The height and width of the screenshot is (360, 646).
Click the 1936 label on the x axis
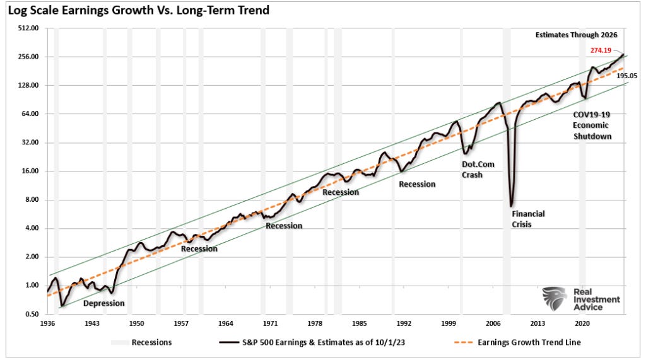point(48,323)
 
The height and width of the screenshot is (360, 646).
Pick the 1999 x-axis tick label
point(449,323)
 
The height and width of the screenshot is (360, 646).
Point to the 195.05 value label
point(626,76)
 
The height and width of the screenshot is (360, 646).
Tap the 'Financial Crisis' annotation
point(527,219)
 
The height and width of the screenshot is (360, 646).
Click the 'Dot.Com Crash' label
point(478,169)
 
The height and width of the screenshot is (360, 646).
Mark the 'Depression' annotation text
point(104,303)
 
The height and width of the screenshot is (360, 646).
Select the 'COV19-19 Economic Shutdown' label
point(592,125)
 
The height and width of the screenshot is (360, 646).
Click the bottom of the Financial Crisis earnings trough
point(510,206)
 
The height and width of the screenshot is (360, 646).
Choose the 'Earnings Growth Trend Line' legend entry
point(526,343)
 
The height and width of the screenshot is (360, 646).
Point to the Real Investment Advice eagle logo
point(555,298)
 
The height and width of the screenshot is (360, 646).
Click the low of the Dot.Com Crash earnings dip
point(465,153)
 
